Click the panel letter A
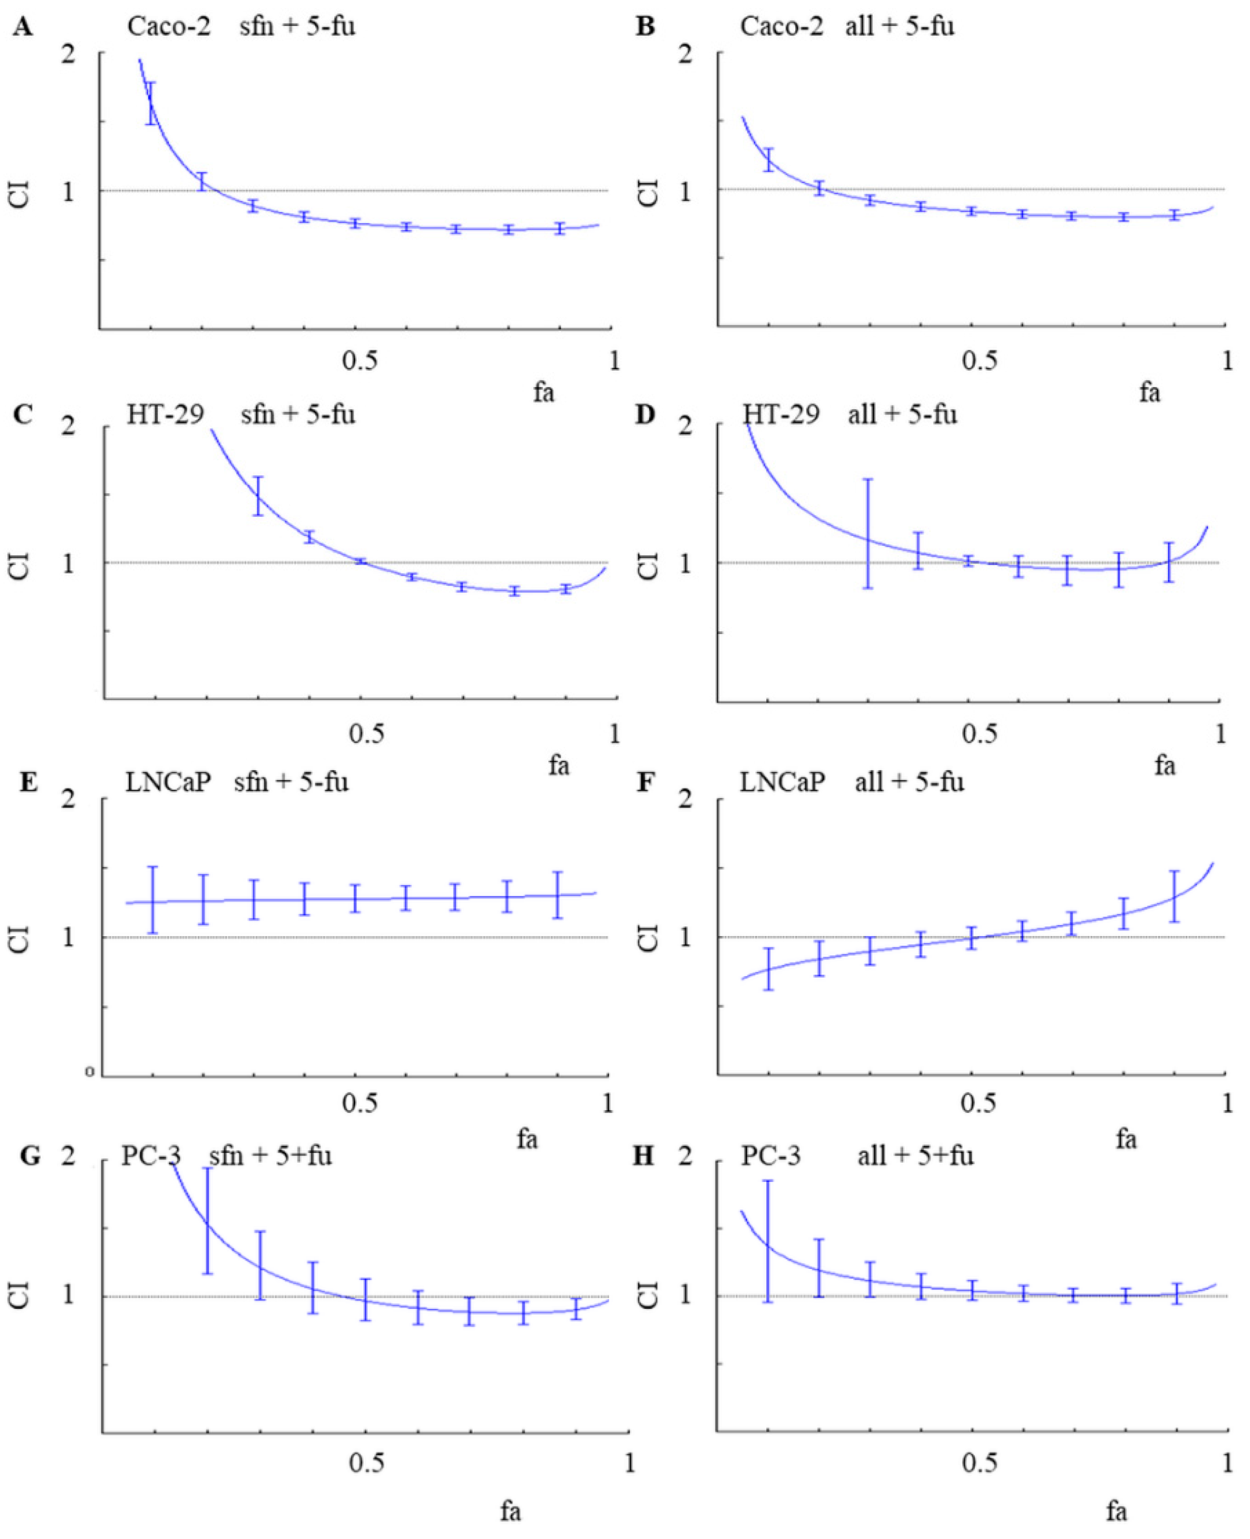coord(23,27)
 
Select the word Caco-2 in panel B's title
coord(781,27)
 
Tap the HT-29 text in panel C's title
coord(165,415)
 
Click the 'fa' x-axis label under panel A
coord(544,393)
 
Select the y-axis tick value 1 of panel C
coord(68,563)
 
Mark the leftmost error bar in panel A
coord(150,104)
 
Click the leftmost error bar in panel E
coord(152,900)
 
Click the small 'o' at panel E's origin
coord(89,1072)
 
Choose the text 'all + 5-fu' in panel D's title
coord(902,415)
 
